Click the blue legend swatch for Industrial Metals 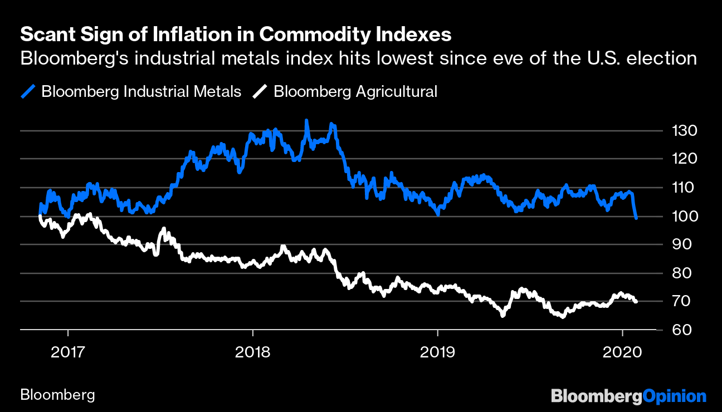click(x=28, y=91)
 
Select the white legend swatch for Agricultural click(x=260, y=91)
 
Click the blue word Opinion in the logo click(x=675, y=396)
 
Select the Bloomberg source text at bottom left click(x=57, y=396)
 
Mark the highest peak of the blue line click(x=306, y=120)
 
